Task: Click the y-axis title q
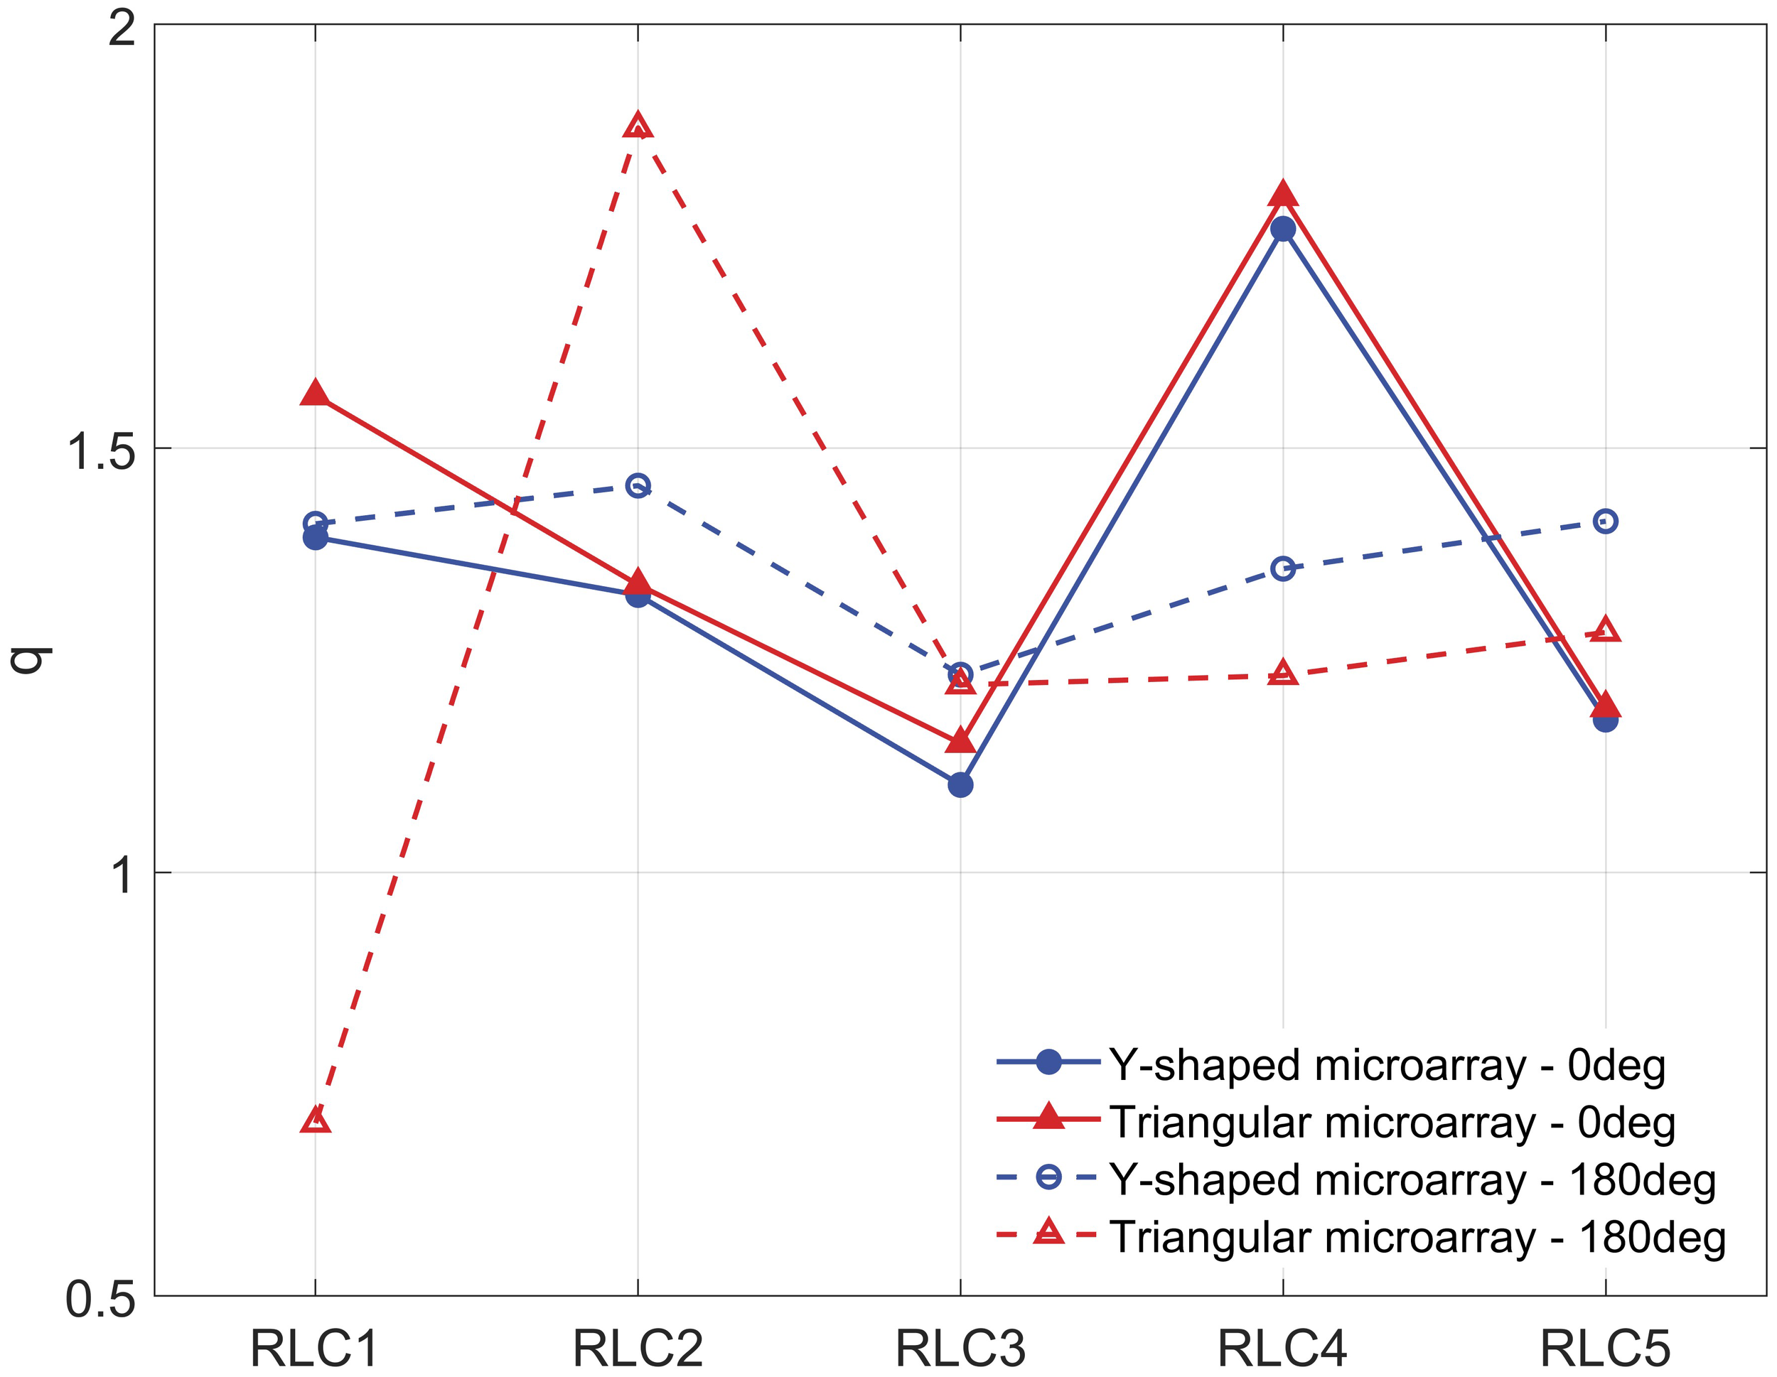[x=31, y=659]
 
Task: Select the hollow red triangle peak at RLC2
[x=638, y=127]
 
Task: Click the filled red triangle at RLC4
[x=1283, y=195]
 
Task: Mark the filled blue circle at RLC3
[x=960, y=785]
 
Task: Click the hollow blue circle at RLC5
[x=1605, y=521]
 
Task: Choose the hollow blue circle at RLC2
[x=638, y=485]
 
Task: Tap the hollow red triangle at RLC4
[x=1283, y=674]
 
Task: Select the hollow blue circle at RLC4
[x=1283, y=568]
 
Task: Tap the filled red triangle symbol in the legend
[x=1049, y=1118]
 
